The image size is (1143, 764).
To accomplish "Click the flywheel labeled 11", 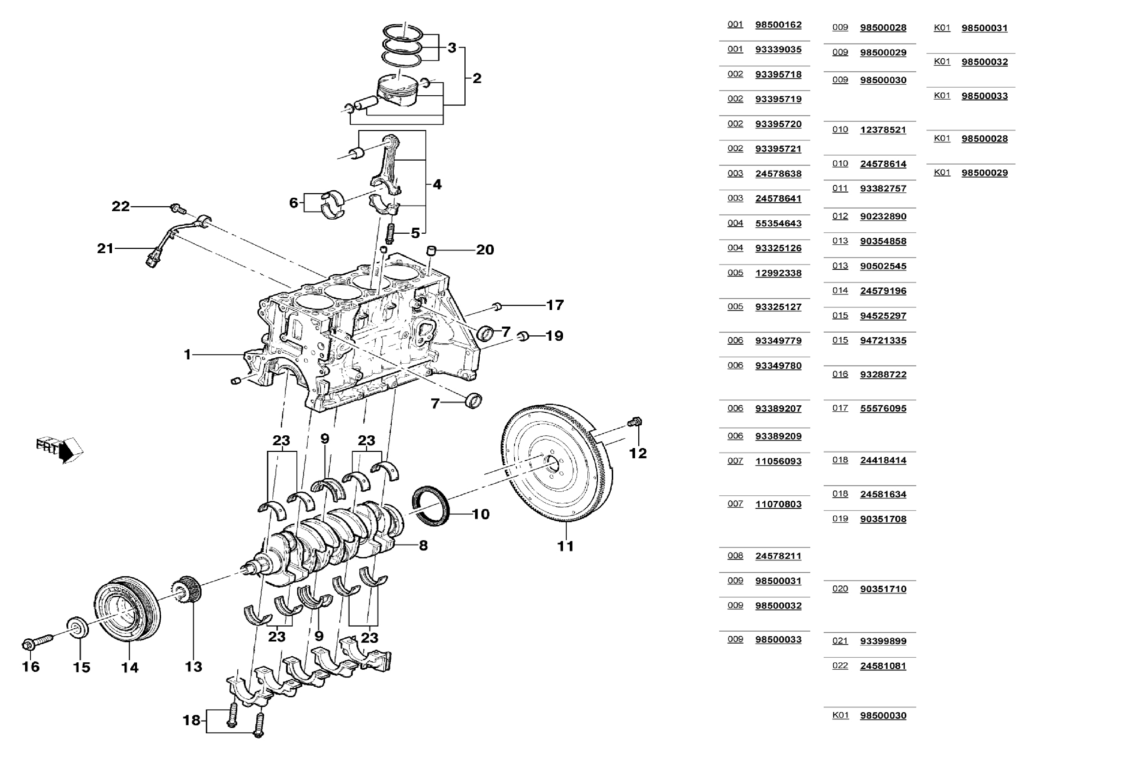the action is click(x=557, y=462).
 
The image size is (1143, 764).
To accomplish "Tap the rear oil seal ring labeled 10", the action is click(x=431, y=506).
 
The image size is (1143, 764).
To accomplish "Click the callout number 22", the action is click(x=120, y=207).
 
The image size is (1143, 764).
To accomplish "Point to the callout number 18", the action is click(x=191, y=720).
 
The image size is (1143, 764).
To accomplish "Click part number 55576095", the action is click(x=883, y=408).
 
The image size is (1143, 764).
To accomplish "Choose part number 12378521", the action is click(x=883, y=130).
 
